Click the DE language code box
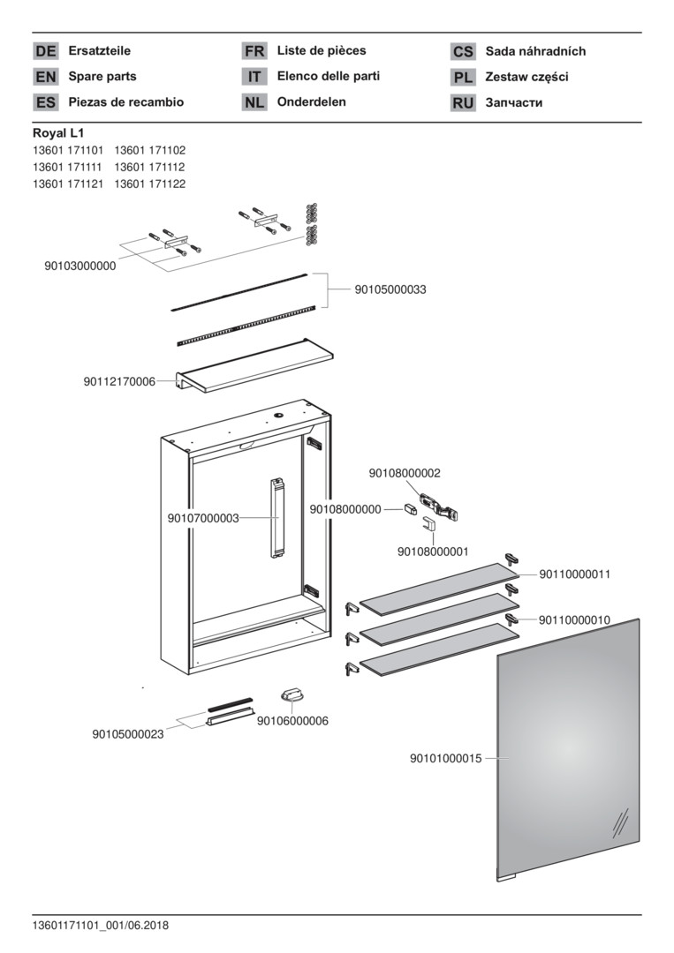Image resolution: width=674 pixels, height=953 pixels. [x=46, y=51]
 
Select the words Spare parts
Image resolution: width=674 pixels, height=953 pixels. [x=102, y=77]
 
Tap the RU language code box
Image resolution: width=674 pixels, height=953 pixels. [x=463, y=102]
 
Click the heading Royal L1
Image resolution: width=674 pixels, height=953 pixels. [x=58, y=133]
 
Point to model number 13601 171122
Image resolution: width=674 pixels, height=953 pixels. [x=149, y=184]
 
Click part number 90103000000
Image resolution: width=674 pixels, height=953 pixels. [x=80, y=266]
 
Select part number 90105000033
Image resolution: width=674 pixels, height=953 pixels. [x=390, y=289]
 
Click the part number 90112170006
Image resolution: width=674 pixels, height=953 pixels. [x=119, y=382]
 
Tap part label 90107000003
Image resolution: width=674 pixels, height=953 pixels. [x=203, y=519]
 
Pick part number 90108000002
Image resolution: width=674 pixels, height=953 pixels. [x=405, y=473]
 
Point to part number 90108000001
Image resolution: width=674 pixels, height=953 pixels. [x=433, y=552]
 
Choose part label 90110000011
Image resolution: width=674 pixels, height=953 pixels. [x=575, y=574]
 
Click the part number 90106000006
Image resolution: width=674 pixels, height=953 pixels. [x=292, y=721]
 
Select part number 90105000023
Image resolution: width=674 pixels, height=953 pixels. [x=128, y=734]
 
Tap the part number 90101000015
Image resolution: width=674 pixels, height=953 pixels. [x=446, y=759]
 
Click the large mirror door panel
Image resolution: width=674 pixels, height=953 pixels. [x=569, y=749]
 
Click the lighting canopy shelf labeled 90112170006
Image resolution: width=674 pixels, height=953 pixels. [x=254, y=365]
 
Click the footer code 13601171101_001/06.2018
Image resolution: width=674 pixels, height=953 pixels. [x=101, y=926]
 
